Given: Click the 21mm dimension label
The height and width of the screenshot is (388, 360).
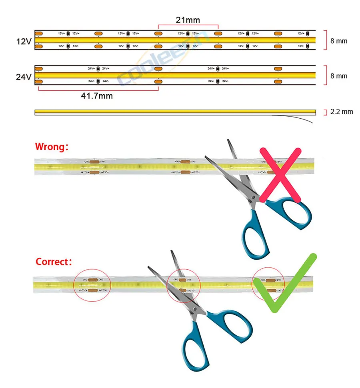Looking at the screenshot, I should pyautogui.click(x=188, y=20).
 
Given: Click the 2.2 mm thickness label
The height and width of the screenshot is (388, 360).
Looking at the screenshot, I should pyautogui.click(x=342, y=111).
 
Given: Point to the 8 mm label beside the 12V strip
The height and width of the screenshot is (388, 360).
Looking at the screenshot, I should pyautogui.click(x=339, y=41).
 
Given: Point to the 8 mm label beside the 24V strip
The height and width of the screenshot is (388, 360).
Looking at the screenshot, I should pyautogui.click(x=339, y=76).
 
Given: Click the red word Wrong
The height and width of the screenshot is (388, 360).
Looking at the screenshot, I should pyautogui.click(x=52, y=147).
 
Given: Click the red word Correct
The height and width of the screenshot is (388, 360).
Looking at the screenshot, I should pyautogui.click(x=54, y=262).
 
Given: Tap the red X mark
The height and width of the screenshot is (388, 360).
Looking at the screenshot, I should pyautogui.click(x=280, y=174).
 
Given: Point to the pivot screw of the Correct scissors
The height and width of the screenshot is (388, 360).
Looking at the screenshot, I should pyautogui.click(x=194, y=308).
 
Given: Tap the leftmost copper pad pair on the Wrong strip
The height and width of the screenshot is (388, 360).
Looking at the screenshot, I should pyautogui.click(x=95, y=167).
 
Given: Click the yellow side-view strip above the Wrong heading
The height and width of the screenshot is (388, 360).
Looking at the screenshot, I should pyautogui.click(x=175, y=112).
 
